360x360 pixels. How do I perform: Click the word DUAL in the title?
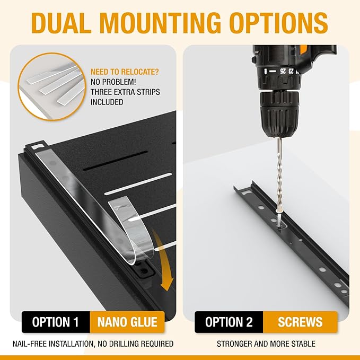(62, 23)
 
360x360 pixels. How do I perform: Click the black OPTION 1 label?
(56, 322)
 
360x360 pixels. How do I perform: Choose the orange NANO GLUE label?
(127, 322)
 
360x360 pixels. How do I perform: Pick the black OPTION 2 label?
(229, 322)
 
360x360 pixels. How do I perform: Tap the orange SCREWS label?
(300, 322)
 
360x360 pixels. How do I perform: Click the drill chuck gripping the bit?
(279, 113)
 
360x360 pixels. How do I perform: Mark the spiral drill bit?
(279, 174)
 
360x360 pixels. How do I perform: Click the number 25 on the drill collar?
(283, 71)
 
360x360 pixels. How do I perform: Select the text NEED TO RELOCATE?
(125, 72)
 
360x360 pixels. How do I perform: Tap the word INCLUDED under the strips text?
(107, 102)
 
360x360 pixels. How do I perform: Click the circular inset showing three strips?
(52, 86)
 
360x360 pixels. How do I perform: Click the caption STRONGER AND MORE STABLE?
(266, 344)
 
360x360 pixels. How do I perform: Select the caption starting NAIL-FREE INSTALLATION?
(93, 344)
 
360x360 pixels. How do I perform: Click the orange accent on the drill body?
(303, 50)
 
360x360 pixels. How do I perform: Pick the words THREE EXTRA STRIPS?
(125, 92)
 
